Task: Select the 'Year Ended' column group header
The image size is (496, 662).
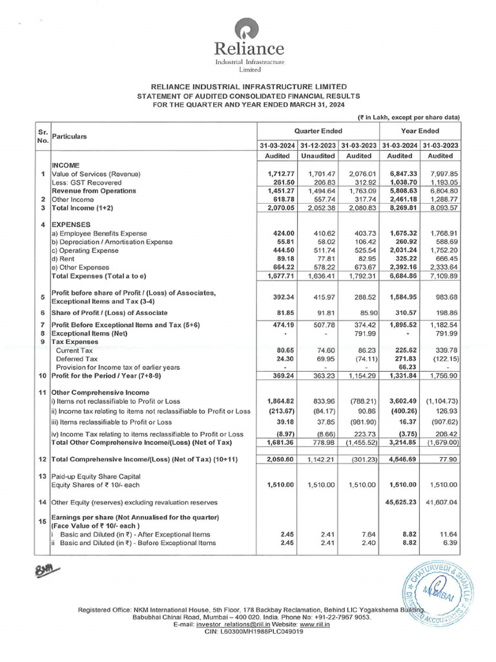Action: [x=420, y=131]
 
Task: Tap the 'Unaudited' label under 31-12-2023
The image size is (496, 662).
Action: [x=318, y=156]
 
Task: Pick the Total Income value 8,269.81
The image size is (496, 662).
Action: [x=399, y=208]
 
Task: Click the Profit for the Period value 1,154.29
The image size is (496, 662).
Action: [x=358, y=375]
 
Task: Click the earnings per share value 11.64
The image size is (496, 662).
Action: [x=446, y=535]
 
